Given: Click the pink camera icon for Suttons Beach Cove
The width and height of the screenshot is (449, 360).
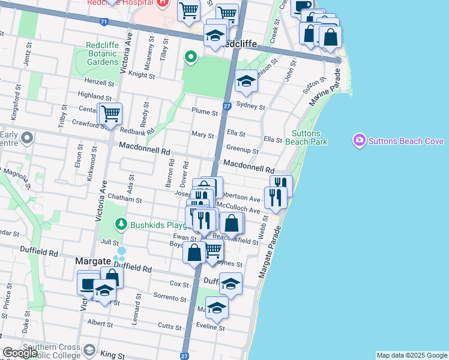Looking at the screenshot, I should pyautogui.click(x=359, y=140).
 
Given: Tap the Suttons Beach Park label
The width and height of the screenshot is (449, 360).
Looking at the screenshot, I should pyautogui.click(x=310, y=137).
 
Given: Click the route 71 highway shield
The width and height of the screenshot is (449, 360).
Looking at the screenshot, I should pyautogui.click(x=104, y=22).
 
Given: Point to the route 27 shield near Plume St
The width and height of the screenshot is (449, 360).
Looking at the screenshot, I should pyautogui.click(x=226, y=106).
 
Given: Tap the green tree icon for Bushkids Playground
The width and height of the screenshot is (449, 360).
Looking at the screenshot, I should pyautogui.click(x=121, y=224).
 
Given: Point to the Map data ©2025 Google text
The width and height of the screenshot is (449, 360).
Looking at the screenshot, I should pyautogui.click(x=411, y=355).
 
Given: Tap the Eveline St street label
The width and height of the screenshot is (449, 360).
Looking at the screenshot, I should pyautogui.click(x=211, y=328).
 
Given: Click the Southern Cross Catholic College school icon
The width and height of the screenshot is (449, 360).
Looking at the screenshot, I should pyautogui.click(x=89, y=349).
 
